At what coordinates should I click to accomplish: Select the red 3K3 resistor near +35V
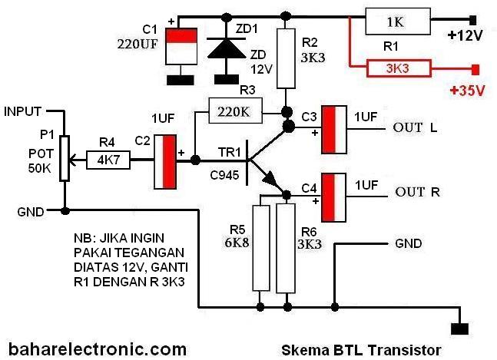pos(398,69)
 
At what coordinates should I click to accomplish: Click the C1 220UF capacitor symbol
pos(182,48)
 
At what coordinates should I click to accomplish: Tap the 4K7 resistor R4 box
pos(110,160)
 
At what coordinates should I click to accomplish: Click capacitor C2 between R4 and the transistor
pos(166,161)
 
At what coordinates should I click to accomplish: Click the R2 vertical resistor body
pos(286,58)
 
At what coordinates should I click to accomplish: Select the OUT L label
pos(415,127)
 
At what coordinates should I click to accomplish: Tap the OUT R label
pos(418,191)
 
